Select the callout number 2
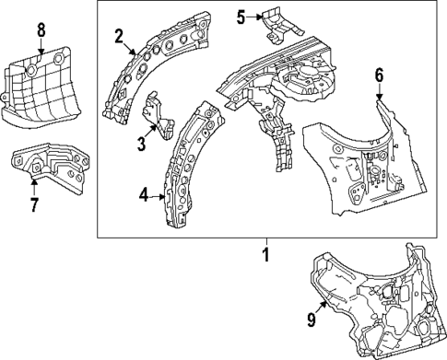(119, 36)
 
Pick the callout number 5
(240, 16)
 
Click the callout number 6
(379, 75)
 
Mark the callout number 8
(41, 30)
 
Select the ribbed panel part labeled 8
(41, 87)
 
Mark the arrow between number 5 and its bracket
(255, 16)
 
